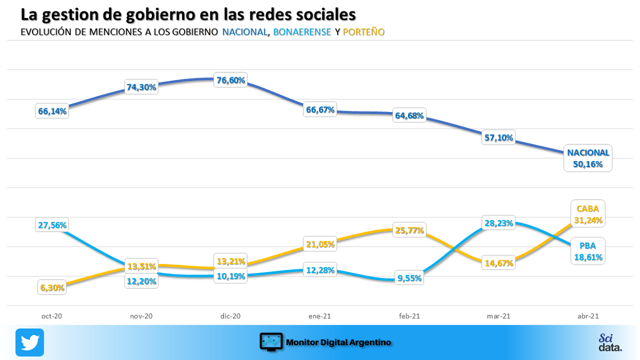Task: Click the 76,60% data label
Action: [230, 81]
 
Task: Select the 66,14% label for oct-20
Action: [52, 111]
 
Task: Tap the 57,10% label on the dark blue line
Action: [498, 138]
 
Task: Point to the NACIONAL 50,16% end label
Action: [588, 158]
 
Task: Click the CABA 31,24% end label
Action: [588, 214]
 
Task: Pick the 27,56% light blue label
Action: [52, 225]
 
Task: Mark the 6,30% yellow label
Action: [52, 287]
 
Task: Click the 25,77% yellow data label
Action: [410, 230]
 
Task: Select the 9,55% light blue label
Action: [410, 278]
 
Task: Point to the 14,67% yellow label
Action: [498, 262]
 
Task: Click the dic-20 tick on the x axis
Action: [230, 316]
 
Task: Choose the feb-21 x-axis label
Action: [410, 316]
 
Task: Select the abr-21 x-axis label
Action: [588, 316]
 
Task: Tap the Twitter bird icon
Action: [30, 342]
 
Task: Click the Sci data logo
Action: [610, 342]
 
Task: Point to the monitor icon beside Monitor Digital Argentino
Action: [271, 342]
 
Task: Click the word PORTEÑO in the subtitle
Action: [364, 32]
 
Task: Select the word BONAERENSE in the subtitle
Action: [302, 32]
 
